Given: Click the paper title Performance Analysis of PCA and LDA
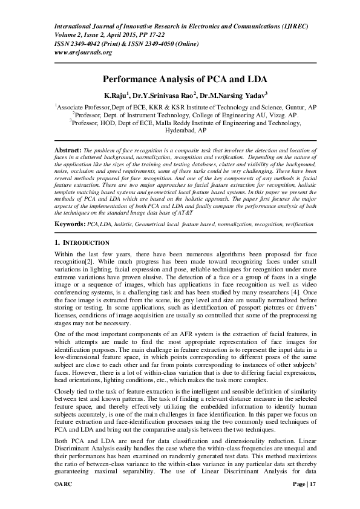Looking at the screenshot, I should pyautogui.click(x=180, y=79).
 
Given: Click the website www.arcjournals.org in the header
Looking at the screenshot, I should pyautogui.click(x=83, y=53).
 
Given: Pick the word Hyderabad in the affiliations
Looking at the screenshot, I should pyautogui.click(x=180, y=130).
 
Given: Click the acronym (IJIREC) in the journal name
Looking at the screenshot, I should pyautogui.click(x=295, y=26).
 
